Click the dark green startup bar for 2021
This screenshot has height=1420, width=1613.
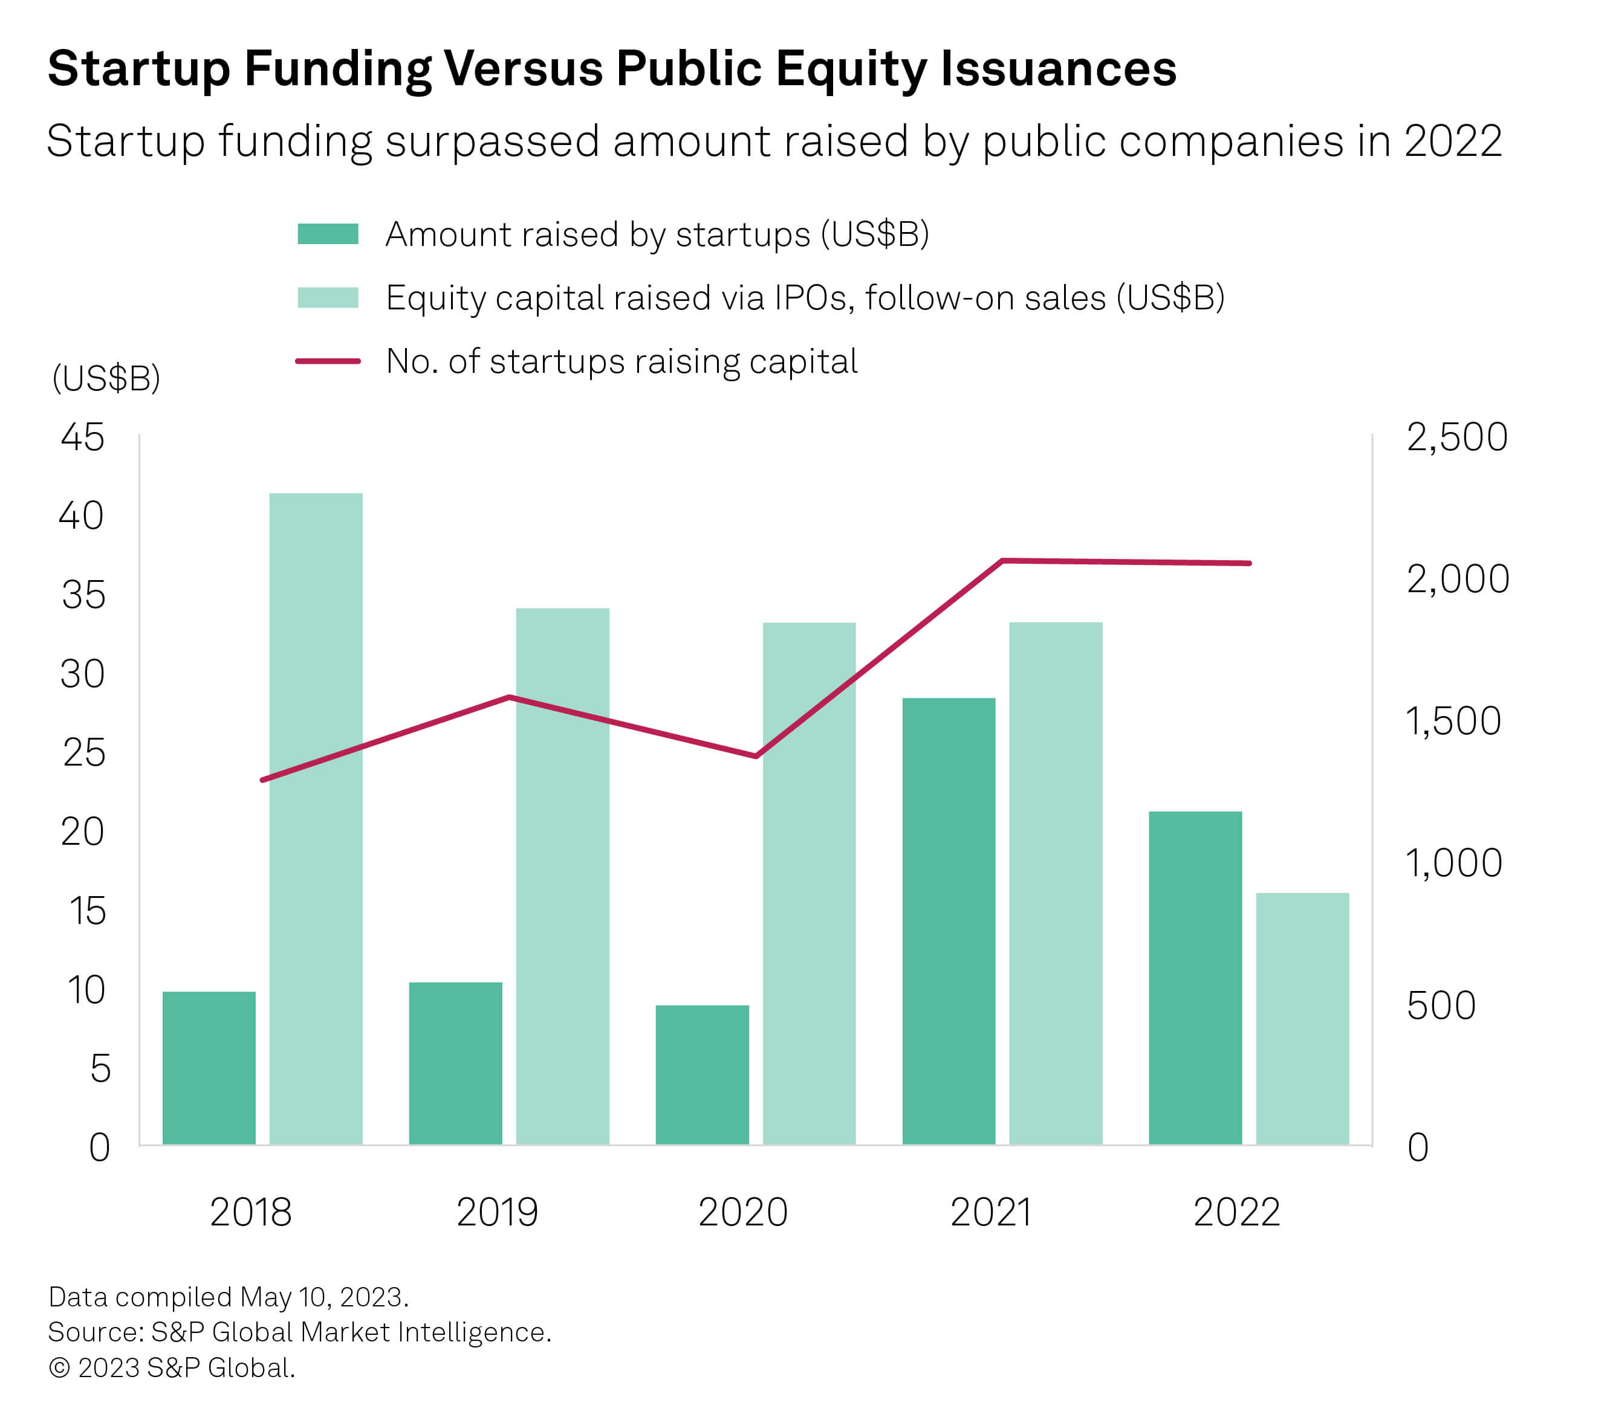949,921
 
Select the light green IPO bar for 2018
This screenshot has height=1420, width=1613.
316,818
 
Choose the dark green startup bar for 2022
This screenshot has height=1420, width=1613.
1195,978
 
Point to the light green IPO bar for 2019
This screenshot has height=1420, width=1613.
563,876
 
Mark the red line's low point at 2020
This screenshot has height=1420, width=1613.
756,756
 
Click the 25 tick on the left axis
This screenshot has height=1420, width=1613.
83,754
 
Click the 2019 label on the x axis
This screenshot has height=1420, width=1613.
497,1212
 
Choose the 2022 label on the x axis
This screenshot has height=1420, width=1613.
1236,1212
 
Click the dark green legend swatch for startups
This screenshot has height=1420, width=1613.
328,234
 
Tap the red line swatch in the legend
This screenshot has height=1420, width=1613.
328,361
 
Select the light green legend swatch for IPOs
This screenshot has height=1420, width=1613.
328,297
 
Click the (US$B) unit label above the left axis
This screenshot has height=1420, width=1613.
106,379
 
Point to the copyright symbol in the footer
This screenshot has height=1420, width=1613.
59,1367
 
